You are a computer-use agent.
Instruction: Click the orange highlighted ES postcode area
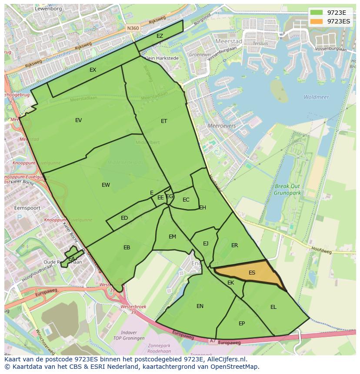pos(250,274)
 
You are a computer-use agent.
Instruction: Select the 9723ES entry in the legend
pos(338,21)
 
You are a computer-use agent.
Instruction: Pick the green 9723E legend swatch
pos(317,13)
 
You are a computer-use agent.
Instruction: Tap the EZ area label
pos(160,36)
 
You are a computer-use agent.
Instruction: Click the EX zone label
pos(93,70)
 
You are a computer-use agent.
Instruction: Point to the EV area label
pos(78,120)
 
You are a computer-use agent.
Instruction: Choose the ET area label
pos(164,121)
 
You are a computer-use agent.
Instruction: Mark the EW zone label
pos(106,185)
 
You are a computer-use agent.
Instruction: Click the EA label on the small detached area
pos(71,259)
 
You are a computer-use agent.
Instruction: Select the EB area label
pos(127,248)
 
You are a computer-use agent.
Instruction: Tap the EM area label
pos(172,237)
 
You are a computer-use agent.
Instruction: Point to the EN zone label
pos(200,306)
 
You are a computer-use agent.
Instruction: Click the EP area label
pos(242,324)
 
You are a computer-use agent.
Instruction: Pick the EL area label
pos(273,307)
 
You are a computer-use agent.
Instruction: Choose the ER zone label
pos(235,245)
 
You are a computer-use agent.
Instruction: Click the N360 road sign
pos(133,28)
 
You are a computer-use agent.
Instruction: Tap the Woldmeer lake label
pos(316,97)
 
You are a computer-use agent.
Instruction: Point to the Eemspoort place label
pos(27,208)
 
